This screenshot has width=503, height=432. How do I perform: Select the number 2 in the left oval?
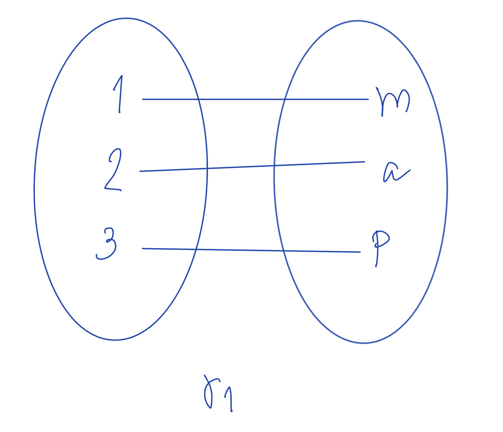[x=113, y=171]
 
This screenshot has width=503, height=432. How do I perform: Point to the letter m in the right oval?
[x=393, y=101]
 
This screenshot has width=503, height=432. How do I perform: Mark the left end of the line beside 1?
[x=143, y=99]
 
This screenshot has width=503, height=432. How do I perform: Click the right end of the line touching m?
[x=368, y=99]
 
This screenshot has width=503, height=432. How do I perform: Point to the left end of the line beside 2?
[x=140, y=171]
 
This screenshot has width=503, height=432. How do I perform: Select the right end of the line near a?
[x=364, y=162]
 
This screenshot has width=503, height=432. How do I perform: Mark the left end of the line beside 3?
[x=142, y=248]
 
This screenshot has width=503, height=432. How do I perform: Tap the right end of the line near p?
[x=360, y=252]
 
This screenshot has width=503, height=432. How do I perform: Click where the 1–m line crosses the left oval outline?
[x=198, y=99]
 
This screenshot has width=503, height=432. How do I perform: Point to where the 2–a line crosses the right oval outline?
[x=274, y=165]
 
